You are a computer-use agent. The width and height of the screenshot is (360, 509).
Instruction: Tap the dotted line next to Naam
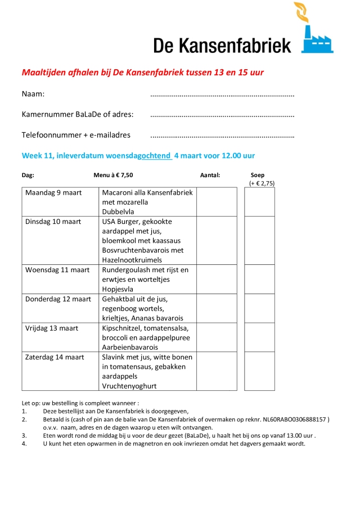[x=222, y=96]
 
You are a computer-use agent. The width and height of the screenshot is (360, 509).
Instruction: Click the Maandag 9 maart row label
[x=53, y=193]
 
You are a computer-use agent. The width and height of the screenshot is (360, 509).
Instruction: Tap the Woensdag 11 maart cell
[x=57, y=270]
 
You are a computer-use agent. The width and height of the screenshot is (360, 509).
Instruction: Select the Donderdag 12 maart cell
[x=58, y=299]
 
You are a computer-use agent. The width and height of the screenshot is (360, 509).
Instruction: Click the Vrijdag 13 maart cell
[x=52, y=328]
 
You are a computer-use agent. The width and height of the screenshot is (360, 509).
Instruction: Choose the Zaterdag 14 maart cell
[x=55, y=357]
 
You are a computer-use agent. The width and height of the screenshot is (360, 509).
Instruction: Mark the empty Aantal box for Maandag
[x=217, y=202]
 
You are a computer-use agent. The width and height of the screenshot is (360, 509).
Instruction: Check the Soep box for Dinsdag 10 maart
[x=259, y=241]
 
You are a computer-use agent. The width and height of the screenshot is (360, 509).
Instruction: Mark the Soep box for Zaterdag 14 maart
[x=259, y=371]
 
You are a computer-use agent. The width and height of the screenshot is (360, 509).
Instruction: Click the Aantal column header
[x=210, y=175]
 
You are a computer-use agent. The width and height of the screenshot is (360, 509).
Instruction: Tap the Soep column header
[x=258, y=175]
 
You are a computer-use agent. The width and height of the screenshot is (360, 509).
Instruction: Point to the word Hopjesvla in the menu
[x=118, y=289]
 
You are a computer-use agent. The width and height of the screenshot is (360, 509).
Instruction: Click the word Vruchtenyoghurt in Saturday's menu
[x=129, y=386]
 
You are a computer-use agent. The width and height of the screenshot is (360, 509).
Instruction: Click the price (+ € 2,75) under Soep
[x=262, y=183]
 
